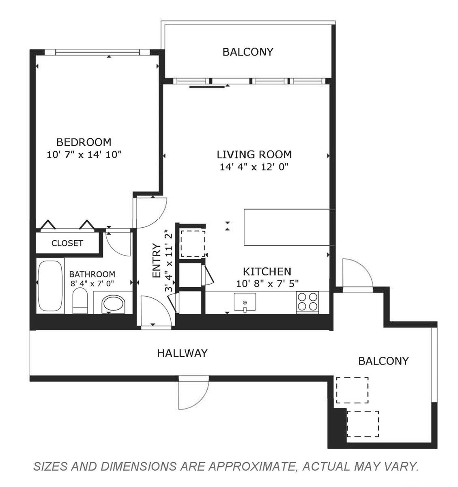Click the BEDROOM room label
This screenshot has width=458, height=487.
84,142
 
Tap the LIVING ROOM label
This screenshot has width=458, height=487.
254,155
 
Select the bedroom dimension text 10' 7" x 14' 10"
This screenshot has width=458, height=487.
84,155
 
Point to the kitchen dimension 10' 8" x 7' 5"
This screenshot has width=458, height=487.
267,284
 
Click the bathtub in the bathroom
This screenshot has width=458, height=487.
50,286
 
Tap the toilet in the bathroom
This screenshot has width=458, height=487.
80,301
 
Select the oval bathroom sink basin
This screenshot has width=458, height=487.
113,304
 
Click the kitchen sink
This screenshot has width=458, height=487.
245,302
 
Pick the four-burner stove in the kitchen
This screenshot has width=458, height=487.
307,302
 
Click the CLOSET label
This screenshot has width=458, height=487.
67,243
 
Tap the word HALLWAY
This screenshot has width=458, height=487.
183,353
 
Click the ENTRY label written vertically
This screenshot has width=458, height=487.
156,260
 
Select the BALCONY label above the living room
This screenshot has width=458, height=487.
247,52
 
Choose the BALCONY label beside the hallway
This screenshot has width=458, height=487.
383,361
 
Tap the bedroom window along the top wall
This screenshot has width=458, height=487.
97,52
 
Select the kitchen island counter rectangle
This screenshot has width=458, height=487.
287,227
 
